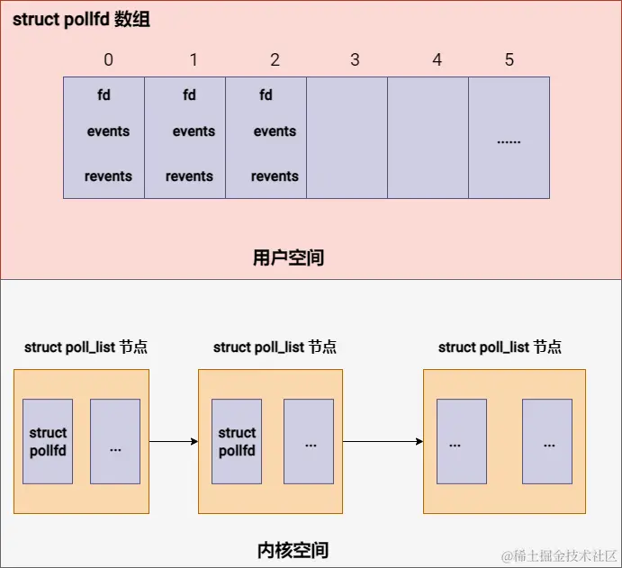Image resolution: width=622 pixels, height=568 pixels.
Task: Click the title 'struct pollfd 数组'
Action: click(81, 20)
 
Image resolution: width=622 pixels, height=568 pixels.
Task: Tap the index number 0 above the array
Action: click(108, 60)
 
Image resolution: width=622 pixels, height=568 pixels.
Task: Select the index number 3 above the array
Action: click(355, 60)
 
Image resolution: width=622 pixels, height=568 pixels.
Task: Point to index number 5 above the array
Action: click(509, 60)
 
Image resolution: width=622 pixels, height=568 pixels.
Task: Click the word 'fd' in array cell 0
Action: click(104, 95)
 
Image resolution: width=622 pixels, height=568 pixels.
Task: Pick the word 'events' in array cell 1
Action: click(194, 131)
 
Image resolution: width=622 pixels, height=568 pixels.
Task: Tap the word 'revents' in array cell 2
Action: click(275, 176)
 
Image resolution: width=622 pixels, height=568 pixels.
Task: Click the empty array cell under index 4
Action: click(428, 138)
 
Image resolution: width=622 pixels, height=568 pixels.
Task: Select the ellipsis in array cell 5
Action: click(509, 141)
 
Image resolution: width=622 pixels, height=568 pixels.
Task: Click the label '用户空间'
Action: click(288, 258)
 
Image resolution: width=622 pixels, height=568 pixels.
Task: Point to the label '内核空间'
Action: click(293, 550)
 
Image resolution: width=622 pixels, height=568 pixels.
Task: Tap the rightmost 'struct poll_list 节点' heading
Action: click(500, 347)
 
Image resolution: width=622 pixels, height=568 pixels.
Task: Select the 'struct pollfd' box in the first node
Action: click(48, 441)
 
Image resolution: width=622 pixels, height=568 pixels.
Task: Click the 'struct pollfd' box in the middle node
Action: click(237, 441)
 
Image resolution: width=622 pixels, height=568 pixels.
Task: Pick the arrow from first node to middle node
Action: click(173, 441)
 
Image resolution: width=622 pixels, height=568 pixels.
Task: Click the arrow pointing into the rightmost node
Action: click(383, 441)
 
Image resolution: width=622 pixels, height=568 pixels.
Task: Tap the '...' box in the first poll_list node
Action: click(115, 441)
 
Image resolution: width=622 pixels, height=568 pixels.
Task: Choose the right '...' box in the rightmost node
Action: click(547, 441)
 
